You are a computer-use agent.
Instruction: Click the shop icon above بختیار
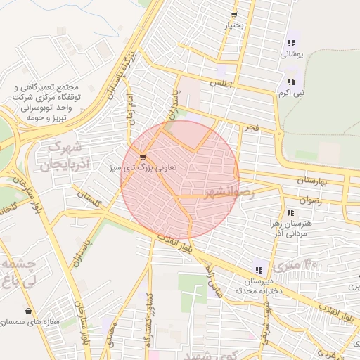coord(233,14)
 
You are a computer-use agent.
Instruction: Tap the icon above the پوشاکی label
coord(291,43)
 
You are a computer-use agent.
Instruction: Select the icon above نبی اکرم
coord(290,81)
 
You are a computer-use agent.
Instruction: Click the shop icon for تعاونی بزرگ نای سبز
coord(143,157)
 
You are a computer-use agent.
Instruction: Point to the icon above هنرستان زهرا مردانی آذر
coord(290,212)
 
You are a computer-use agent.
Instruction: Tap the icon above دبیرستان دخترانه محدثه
coord(259,269)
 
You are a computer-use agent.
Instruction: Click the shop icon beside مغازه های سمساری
coord(29,311)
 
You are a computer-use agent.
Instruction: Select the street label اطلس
coord(220,83)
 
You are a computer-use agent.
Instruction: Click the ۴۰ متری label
coord(296,266)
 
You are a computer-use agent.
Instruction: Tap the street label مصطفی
coord(109,337)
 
